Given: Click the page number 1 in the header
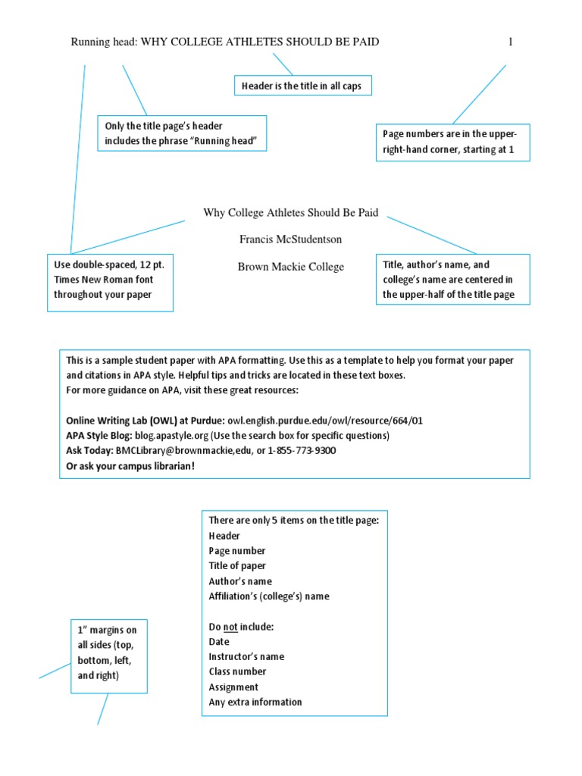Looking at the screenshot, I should (510, 42).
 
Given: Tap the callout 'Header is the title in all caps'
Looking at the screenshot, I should (302, 86).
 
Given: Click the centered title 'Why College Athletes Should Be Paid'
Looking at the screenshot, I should (290, 213).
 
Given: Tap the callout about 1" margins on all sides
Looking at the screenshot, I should (108, 656).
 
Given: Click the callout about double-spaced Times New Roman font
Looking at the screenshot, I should (110, 280).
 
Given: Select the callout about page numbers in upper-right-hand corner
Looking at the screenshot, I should (453, 142).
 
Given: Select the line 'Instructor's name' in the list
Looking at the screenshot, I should (246, 657).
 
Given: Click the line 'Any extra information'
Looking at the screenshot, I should (255, 702).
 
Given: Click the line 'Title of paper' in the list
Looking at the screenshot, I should (237, 566).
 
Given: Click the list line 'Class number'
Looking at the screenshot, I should (237, 671).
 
